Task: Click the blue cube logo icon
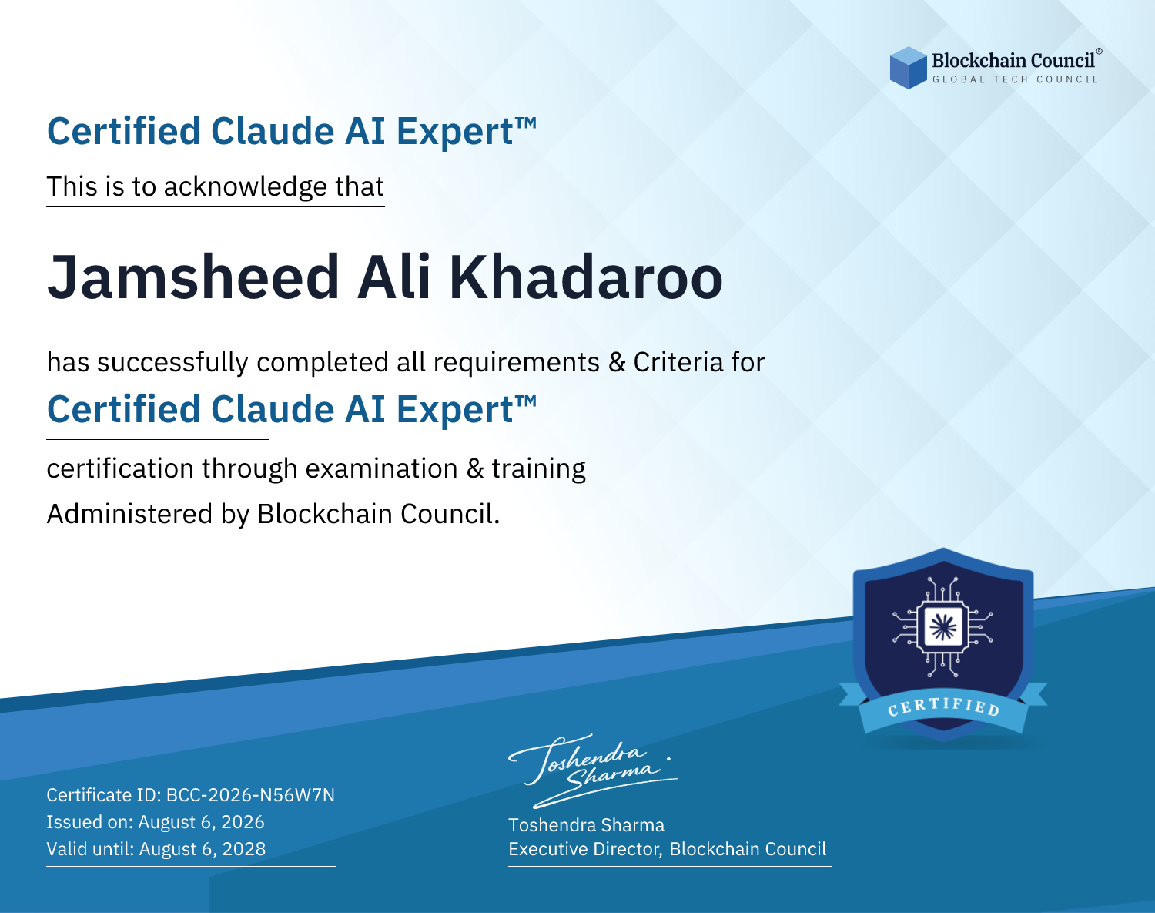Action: pos(908,68)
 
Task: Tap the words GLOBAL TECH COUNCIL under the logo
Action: pos(1016,79)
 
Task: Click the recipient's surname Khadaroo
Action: pos(585,277)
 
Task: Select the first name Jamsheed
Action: pos(194,277)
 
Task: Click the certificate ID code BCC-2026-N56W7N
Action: pos(251,795)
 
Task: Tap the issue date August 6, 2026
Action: pos(201,822)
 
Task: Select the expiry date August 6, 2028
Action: pos(203,849)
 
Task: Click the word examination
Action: pos(382,468)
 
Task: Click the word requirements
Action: pos(517,363)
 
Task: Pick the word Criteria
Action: pos(678,362)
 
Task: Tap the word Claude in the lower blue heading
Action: pos(273,410)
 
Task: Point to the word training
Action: pos(538,469)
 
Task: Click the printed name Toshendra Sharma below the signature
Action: pos(587,825)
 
